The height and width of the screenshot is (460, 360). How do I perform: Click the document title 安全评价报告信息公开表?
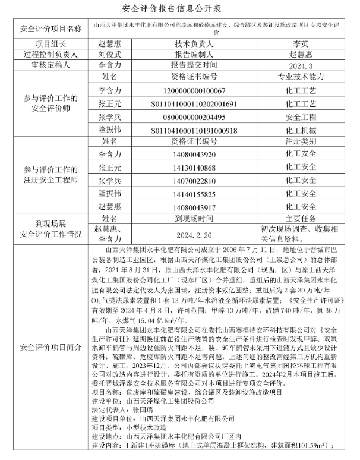179,10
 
